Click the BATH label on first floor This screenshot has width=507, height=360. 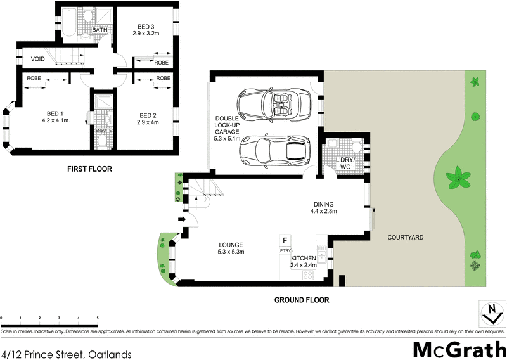click(x=100, y=30)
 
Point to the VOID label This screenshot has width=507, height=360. click(x=38, y=60)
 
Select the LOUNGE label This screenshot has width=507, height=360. click(x=231, y=245)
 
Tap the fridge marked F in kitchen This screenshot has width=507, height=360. click(x=285, y=241)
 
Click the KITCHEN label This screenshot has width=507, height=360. click(x=304, y=259)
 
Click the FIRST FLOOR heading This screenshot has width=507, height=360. click(x=89, y=169)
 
